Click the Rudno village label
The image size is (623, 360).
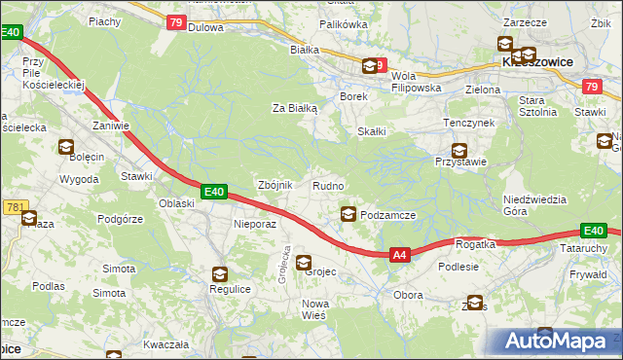coord(327,185)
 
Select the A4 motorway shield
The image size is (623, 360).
coord(399,255)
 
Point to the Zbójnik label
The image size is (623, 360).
coord(274,185)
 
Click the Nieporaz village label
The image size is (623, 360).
coord(256,223)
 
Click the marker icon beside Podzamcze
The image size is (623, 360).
coord(348,214)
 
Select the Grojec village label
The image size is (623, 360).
coord(320,271)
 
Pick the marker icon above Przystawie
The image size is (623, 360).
coord(458,151)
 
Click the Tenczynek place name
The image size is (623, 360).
coord(469,124)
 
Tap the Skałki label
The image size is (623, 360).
coord(372,131)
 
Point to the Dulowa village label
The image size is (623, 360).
coord(206,27)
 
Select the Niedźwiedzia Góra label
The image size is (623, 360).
coord(534,205)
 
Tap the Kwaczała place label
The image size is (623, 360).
coord(164,344)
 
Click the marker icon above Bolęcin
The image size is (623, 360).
coord(65,148)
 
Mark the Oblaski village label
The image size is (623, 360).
coord(177,203)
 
